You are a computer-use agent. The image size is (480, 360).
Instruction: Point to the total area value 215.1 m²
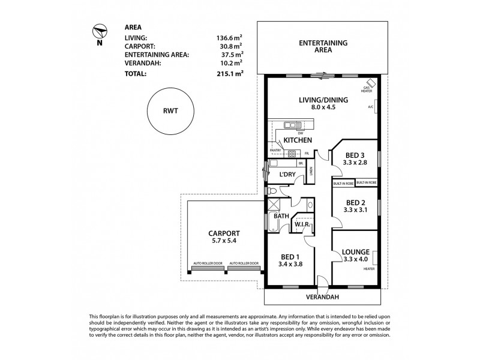[x=230, y=74]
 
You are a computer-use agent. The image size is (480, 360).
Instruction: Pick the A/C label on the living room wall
[x=370, y=107]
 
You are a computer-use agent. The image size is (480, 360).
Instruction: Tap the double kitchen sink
[x=294, y=125]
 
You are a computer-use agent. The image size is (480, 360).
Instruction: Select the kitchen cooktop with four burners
[x=292, y=153]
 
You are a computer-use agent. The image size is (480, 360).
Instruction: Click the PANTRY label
[x=275, y=150]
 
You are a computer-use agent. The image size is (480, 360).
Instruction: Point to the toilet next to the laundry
[x=272, y=191]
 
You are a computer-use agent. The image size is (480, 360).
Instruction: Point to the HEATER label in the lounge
[x=368, y=269]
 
